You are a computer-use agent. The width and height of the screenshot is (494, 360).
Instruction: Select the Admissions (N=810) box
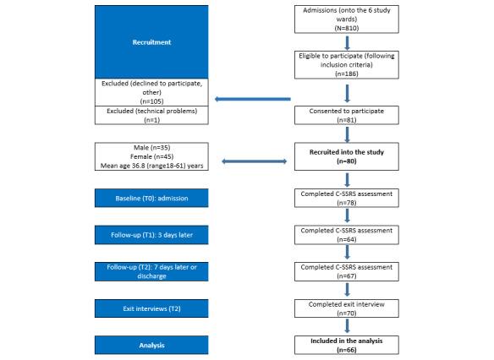tap(346, 18)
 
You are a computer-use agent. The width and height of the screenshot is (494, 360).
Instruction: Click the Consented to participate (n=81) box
tap(346, 114)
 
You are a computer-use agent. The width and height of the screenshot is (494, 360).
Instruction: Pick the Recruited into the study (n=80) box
tap(346, 157)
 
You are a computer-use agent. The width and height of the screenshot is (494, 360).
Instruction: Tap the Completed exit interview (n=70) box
tap(346, 307)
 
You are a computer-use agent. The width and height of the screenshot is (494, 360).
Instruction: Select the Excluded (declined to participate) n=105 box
tap(151, 90)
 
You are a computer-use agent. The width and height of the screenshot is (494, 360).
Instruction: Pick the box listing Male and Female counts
tap(151, 157)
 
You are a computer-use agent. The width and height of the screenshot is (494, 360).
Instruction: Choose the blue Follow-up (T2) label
tap(151, 270)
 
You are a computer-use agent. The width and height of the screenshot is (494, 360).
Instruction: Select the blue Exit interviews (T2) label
tap(151, 306)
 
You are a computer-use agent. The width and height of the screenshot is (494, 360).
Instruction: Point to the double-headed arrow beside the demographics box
tap(253, 161)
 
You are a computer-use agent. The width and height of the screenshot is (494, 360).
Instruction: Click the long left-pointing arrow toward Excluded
tap(254, 99)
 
